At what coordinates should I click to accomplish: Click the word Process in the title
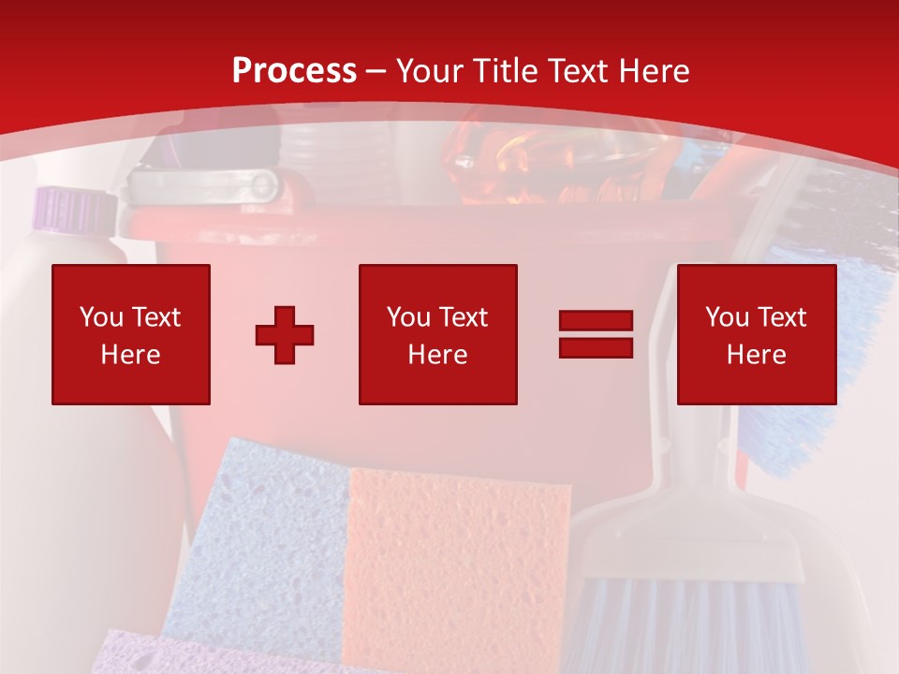tap(294, 71)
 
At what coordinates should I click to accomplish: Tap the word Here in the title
tap(654, 71)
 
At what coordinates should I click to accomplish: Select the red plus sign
tap(285, 334)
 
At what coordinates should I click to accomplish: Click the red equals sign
tap(596, 334)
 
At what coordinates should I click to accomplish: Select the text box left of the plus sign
tap(131, 334)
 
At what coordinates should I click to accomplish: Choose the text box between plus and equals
tap(438, 334)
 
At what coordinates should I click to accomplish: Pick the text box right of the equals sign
tap(757, 334)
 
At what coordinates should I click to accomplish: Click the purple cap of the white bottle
tap(70, 207)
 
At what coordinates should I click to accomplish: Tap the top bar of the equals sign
tap(596, 322)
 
